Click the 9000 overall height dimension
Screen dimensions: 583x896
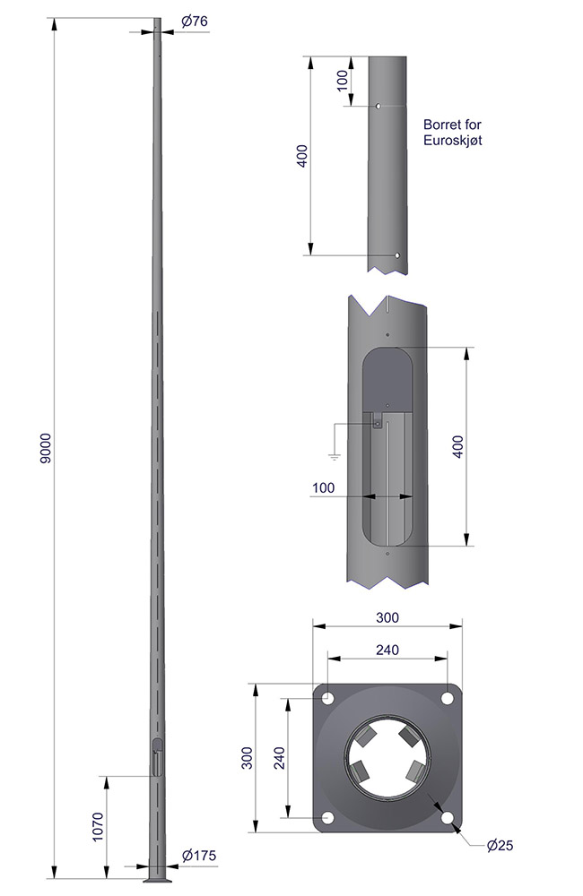coord(46,449)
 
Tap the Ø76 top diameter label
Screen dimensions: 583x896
coord(195,22)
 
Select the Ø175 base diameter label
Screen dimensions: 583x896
coord(199,856)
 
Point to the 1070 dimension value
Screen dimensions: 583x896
coord(98,826)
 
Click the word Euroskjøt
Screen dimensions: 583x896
coord(453,140)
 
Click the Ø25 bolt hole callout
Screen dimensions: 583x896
coord(500,846)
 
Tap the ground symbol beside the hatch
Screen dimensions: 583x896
coord(334,456)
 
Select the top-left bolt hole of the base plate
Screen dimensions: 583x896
coord(328,698)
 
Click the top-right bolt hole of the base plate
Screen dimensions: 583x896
coord(448,698)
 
